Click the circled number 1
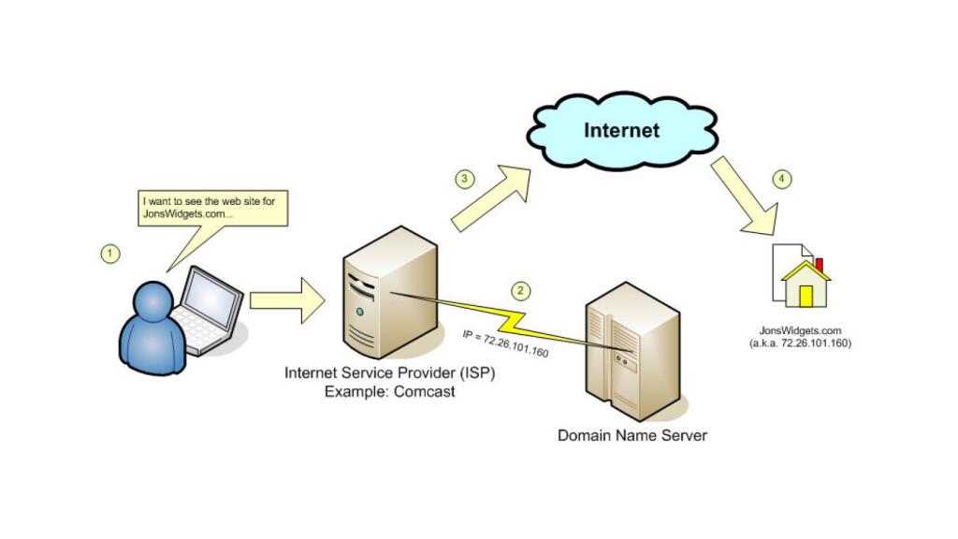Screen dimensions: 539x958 point(111,253)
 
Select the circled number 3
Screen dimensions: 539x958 point(464,179)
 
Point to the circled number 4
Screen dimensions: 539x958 point(783,179)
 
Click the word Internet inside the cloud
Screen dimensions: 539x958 point(621,130)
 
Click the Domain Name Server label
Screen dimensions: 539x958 point(632,435)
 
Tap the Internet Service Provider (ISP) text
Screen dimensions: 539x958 point(389,373)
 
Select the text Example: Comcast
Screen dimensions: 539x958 point(389,391)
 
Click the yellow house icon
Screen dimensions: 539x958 point(806,284)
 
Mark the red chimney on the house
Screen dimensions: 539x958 point(819,264)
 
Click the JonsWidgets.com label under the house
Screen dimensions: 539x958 point(800,331)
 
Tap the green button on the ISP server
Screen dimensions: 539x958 point(360,311)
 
